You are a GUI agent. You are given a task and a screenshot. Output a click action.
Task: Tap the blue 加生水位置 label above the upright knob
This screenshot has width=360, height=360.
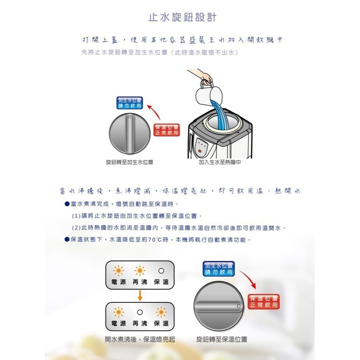pyautogui.click(x=129, y=103)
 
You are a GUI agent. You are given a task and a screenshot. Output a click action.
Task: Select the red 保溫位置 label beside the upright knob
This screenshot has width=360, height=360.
pyautogui.click(x=167, y=130)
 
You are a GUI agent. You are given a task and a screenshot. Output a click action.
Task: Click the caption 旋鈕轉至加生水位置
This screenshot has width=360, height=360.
pyautogui.click(x=130, y=162)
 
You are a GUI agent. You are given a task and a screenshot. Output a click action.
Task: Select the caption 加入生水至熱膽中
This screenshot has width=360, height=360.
pyautogui.click(x=220, y=162)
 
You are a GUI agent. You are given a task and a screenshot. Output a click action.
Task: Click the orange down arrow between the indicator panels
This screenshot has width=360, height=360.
pyautogui.click(x=140, y=296)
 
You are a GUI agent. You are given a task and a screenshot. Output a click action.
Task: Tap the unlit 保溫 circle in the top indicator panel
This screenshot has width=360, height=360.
pyautogui.click(x=161, y=271)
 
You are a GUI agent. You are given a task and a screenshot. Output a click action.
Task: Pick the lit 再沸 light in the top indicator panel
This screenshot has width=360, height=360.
pyautogui.click(x=140, y=271)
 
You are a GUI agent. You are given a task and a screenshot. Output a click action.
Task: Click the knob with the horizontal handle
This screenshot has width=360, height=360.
pyautogui.click(x=218, y=307)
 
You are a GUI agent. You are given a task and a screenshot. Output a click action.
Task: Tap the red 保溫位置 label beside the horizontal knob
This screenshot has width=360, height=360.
pyautogui.click(x=264, y=302)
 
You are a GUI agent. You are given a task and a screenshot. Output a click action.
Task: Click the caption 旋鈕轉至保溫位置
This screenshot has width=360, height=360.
pyautogui.click(x=222, y=339)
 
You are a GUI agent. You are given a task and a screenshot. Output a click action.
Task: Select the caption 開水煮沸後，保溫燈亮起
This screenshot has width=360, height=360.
pyautogui.click(x=140, y=339)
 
